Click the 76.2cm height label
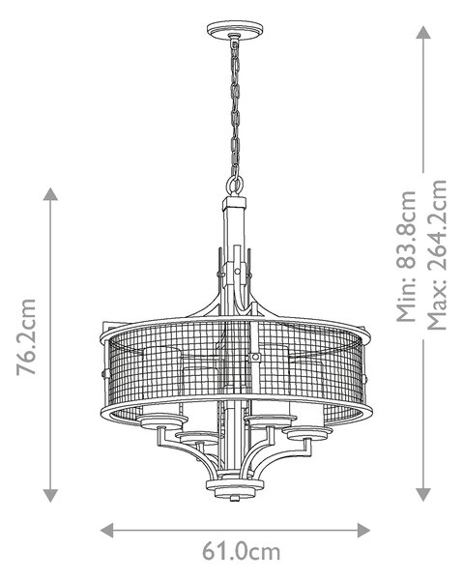point(27,337)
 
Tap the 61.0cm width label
point(241,552)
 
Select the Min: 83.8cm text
point(407,256)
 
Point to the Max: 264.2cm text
point(437,255)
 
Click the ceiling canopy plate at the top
point(235,28)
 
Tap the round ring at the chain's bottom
point(235,184)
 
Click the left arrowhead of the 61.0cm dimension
point(107,531)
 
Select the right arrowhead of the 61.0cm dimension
point(363,531)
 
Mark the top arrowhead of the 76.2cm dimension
point(50,194)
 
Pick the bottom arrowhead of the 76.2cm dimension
point(50,496)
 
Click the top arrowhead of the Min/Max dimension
point(423,32)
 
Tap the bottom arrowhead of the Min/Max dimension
point(423,495)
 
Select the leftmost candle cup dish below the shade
point(162,420)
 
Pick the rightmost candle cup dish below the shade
point(307,433)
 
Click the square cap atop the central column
point(235,203)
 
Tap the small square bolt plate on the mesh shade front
point(255,358)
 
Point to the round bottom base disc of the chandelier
point(235,487)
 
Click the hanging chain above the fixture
point(235,107)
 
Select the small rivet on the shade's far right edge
point(365,378)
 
